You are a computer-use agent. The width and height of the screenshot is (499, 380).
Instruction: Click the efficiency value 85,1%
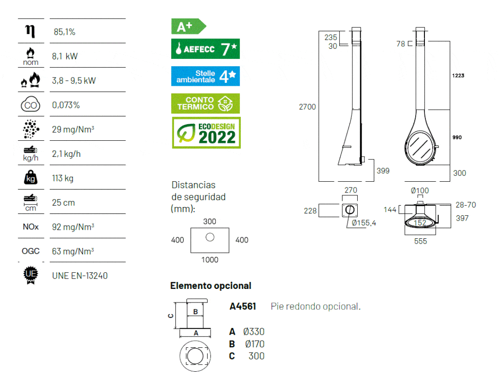pos(64,32)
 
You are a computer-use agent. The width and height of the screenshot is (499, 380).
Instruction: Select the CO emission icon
pos(30,105)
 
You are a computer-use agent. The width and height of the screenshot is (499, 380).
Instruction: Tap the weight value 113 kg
pos(63,178)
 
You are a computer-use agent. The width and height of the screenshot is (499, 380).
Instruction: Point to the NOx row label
pos(30,227)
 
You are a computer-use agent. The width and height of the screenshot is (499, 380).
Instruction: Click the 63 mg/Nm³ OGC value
pos(73,251)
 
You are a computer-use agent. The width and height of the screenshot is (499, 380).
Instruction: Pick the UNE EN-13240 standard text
pos(79,276)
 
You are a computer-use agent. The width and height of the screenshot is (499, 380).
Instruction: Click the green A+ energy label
pos(188,26)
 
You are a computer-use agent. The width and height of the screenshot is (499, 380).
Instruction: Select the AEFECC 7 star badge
pos(205,49)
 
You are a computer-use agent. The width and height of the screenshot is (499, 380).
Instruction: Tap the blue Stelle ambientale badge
pos(205,76)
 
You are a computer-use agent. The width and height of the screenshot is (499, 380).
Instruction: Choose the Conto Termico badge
pos(205,103)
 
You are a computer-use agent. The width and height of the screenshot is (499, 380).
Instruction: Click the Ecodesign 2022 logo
pos(205,133)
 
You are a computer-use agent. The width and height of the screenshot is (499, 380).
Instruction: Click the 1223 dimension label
pos(458,76)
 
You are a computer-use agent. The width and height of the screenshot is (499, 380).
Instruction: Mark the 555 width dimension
pos(420,241)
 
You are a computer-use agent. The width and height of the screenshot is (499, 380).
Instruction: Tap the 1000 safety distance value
pos(210,260)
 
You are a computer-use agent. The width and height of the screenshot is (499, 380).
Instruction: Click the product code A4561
pos(243,307)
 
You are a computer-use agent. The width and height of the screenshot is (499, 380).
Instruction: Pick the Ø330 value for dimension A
pos(253,332)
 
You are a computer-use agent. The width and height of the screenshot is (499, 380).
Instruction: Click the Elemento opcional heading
pos(211,286)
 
